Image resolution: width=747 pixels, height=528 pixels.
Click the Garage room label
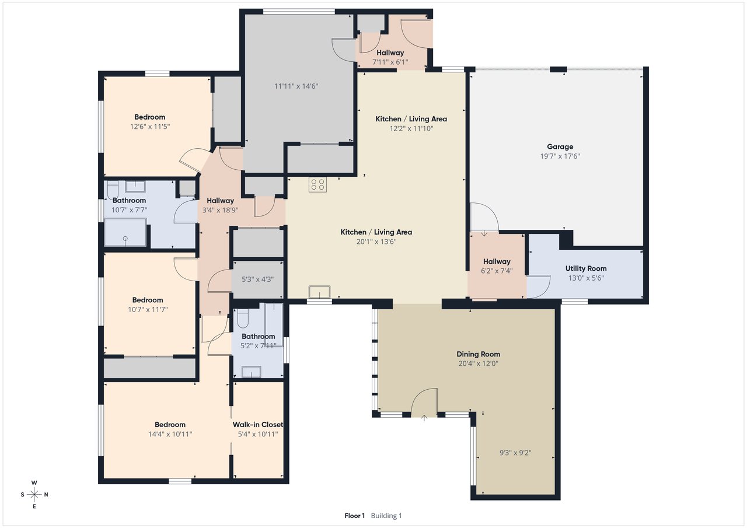(560, 146)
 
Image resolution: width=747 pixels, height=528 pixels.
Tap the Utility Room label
(586, 268)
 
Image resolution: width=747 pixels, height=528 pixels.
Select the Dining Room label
(478, 354)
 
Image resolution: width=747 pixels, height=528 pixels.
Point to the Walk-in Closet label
(258, 425)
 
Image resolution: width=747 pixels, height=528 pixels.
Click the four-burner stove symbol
(317, 185)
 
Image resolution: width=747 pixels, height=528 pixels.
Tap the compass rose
(34, 494)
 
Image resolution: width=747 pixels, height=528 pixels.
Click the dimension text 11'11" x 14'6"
(296, 86)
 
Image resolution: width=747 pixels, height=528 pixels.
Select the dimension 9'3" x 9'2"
(515, 453)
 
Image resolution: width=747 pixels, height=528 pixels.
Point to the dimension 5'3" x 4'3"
(258, 279)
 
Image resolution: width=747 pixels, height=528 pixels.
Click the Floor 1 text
(354, 516)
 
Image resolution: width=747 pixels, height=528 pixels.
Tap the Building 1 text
(386, 516)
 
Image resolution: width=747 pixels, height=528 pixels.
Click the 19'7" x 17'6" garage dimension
(560, 156)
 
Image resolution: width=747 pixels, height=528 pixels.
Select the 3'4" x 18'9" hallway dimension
(220, 210)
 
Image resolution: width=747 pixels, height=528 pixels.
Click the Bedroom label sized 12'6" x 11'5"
(150, 117)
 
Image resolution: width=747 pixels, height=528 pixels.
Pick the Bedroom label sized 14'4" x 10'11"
(170, 425)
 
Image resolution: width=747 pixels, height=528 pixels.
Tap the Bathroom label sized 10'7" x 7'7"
(129, 200)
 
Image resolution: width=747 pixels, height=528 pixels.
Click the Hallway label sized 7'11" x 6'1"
(390, 53)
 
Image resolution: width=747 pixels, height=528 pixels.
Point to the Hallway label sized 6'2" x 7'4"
(497, 261)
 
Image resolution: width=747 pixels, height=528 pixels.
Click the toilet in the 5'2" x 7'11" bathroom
(243, 319)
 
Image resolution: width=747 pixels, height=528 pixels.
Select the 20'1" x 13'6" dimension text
(376, 242)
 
